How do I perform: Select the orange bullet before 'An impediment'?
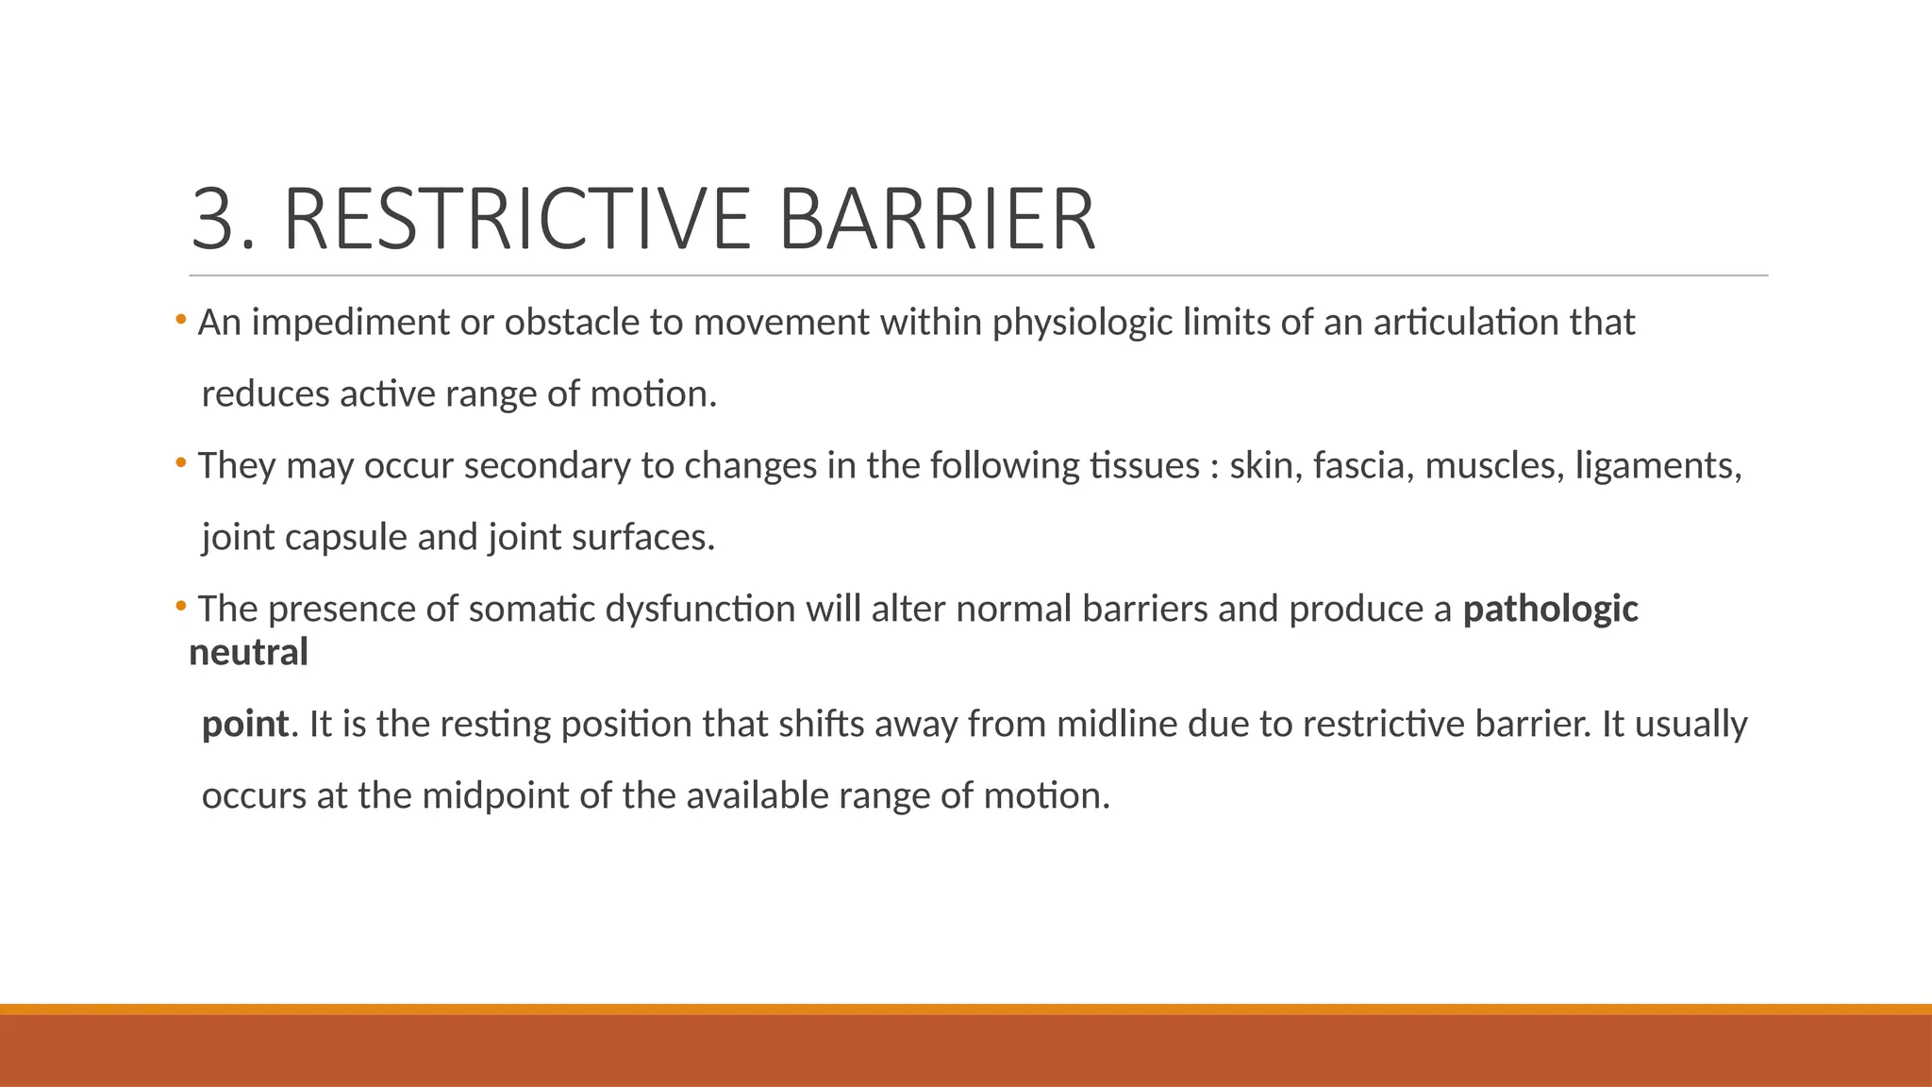click(180, 321)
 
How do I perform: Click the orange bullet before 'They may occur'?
click(180, 463)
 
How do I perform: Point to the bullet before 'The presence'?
click(180, 607)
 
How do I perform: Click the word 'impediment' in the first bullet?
click(350, 324)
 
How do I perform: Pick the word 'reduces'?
click(265, 394)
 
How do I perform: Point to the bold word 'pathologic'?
click(1550, 610)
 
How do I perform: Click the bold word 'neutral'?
click(249, 653)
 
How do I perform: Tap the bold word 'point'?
click(245, 725)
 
